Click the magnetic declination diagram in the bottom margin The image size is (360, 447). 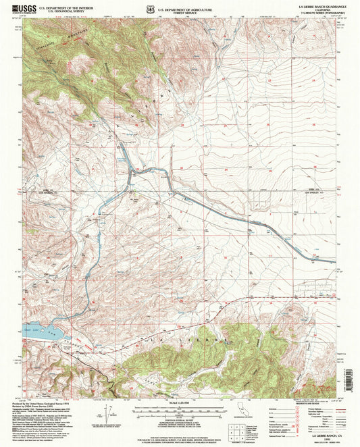tap(109, 412)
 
